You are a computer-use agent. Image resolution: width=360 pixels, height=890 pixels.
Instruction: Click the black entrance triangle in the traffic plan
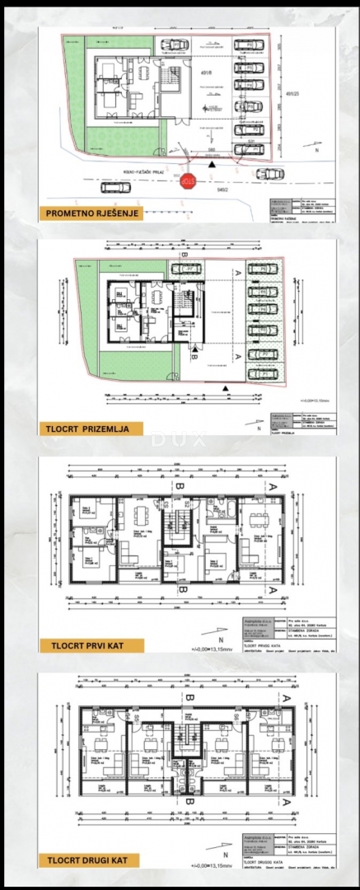click(x=213, y=166)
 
